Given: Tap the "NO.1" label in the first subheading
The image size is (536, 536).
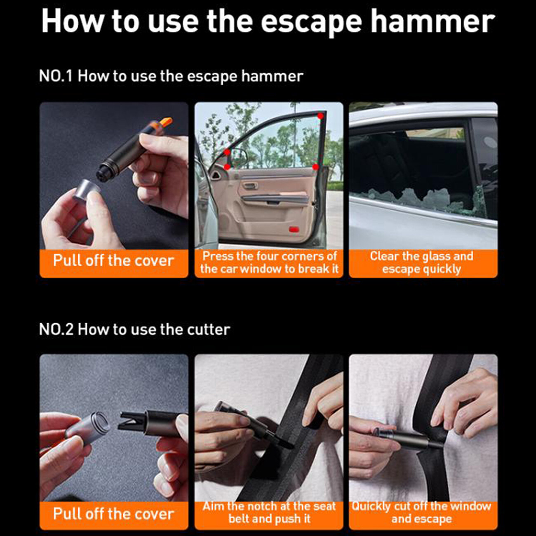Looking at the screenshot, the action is (56, 76).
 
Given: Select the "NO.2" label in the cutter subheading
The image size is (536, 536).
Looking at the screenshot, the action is (56, 329).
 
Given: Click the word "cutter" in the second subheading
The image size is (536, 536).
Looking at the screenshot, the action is (209, 329).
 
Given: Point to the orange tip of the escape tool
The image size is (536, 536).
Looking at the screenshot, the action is (166, 122).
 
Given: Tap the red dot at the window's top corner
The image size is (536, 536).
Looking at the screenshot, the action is (320, 115).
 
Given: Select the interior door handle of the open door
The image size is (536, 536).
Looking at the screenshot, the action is (251, 186).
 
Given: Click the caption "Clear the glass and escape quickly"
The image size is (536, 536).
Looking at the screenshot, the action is (421, 263).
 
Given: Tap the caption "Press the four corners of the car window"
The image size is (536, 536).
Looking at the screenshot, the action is (269, 263).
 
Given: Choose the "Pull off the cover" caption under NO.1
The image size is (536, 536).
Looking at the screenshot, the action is (113, 261).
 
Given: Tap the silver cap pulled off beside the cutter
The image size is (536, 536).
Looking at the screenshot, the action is (88, 426).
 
